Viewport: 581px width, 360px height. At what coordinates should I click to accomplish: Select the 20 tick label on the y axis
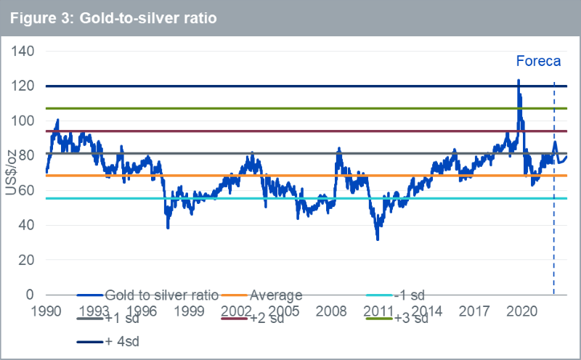click(x=28, y=260)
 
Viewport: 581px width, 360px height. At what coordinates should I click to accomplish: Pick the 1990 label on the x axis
click(x=46, y=311)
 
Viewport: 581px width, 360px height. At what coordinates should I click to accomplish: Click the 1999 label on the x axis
click(x=188, y=311)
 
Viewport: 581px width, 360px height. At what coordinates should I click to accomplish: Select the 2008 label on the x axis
click(x=330, y=311)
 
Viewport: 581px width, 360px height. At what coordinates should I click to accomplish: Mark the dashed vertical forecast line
click(x=554, y=218)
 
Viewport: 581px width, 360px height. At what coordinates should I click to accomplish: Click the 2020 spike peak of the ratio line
click(x=519, y=81)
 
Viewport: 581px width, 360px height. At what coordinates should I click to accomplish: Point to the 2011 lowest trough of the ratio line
click(x=378, y=239)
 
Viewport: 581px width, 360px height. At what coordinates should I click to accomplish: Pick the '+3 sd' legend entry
click(x=410, y=318)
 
